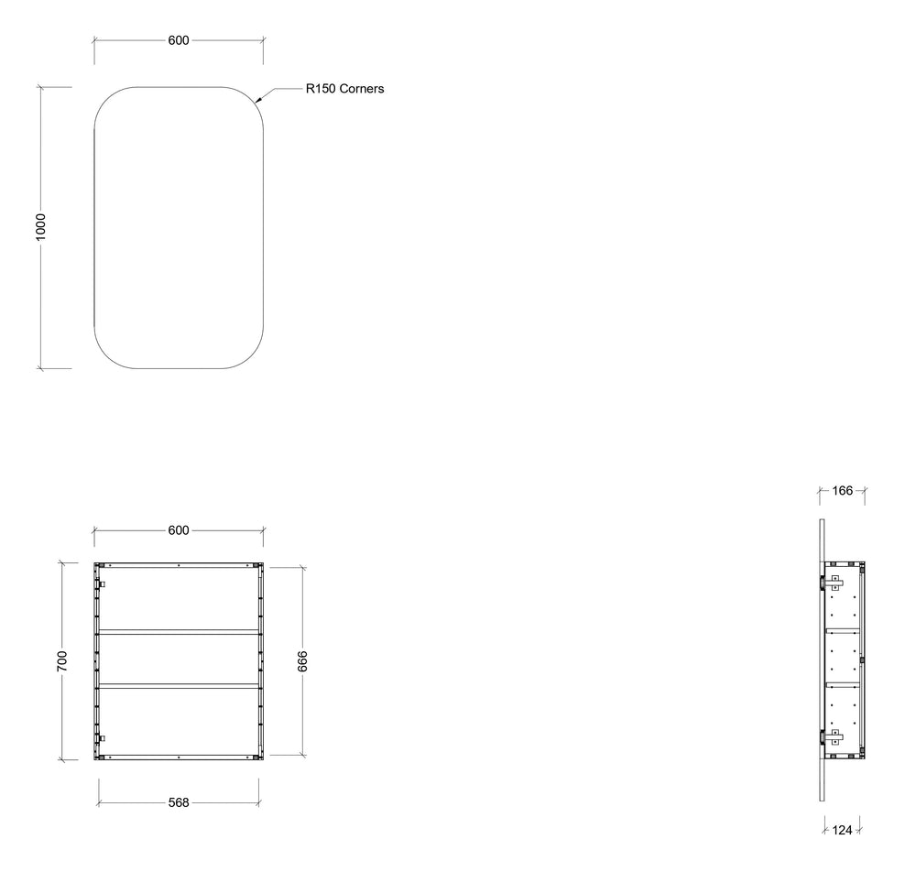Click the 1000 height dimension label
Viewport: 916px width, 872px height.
tap(40, 226)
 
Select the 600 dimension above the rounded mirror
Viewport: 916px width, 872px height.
tap(179, 40)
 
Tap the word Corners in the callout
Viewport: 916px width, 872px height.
tap(362, 89)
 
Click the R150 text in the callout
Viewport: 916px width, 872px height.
tap(321, 89)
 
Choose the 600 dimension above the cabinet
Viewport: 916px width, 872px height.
tap(179, 530)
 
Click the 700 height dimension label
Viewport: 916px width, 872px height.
tap(62, 660)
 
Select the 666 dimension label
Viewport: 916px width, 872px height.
tap(302, 660)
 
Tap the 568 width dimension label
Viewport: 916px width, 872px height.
tap(179, 802)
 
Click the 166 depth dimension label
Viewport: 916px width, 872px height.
tap(843, 491)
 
